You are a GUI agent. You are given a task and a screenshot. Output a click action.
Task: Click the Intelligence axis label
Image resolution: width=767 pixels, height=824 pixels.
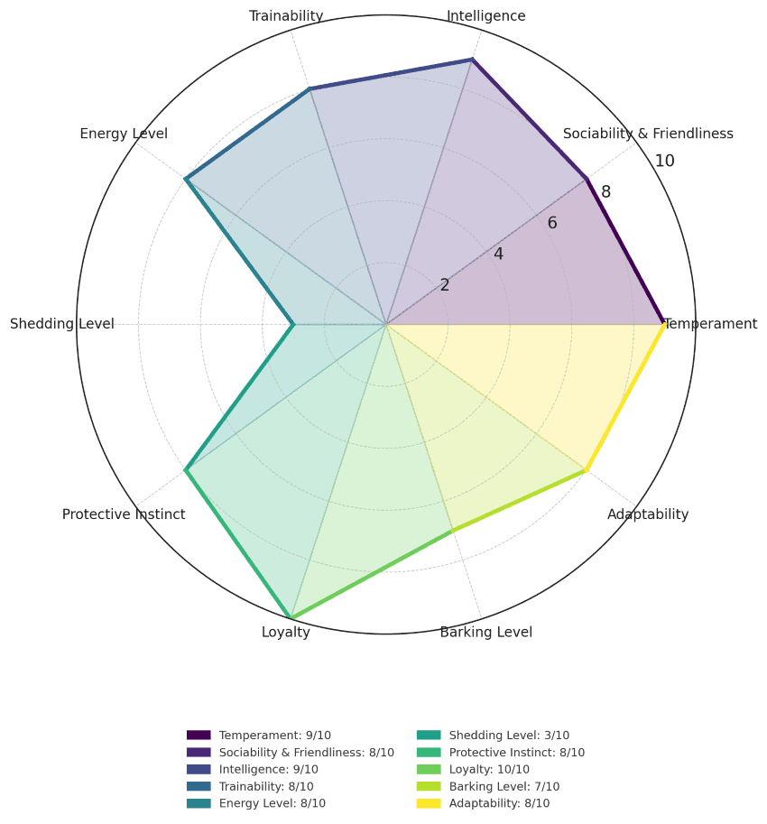(485, 16)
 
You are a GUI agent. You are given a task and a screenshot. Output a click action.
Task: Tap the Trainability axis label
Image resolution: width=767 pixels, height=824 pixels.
(286, 16)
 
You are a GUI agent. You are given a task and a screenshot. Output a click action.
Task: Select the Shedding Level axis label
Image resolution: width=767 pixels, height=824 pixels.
(62, 324)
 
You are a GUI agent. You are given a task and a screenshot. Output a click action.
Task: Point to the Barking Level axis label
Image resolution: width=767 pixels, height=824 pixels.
(485, 632)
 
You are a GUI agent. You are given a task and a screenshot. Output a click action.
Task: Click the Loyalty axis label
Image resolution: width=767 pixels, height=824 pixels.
(286, 632)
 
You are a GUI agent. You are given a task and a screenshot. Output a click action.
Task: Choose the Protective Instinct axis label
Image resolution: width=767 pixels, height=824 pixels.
(124, 514)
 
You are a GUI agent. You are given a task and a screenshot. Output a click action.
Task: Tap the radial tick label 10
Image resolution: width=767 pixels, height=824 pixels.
(664, 162)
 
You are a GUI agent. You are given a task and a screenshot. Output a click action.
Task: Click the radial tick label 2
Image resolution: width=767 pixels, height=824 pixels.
(445, 285)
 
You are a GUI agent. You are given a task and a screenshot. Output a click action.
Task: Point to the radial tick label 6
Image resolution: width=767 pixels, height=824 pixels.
(552, 223)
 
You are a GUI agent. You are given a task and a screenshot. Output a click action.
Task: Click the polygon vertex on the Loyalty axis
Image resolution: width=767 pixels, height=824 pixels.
(291, 618)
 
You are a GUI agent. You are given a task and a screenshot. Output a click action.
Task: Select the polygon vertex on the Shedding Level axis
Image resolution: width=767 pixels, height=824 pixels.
(293, 324)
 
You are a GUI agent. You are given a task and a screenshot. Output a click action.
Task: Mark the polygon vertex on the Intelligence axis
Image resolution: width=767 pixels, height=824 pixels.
(472, 60)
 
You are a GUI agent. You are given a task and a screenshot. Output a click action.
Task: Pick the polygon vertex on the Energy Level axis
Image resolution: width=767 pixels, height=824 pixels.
(186, 179)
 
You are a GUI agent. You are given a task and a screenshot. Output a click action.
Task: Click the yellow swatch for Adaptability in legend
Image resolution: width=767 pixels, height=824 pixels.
(428, 803)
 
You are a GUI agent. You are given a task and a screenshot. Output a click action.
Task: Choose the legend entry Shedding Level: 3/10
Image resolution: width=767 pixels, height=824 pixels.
(509, 736)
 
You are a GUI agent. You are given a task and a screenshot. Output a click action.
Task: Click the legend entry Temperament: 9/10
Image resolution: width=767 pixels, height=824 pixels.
(274, 736)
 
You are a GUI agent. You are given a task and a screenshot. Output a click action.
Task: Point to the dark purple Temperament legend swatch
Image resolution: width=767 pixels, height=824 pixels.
(199, 736)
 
